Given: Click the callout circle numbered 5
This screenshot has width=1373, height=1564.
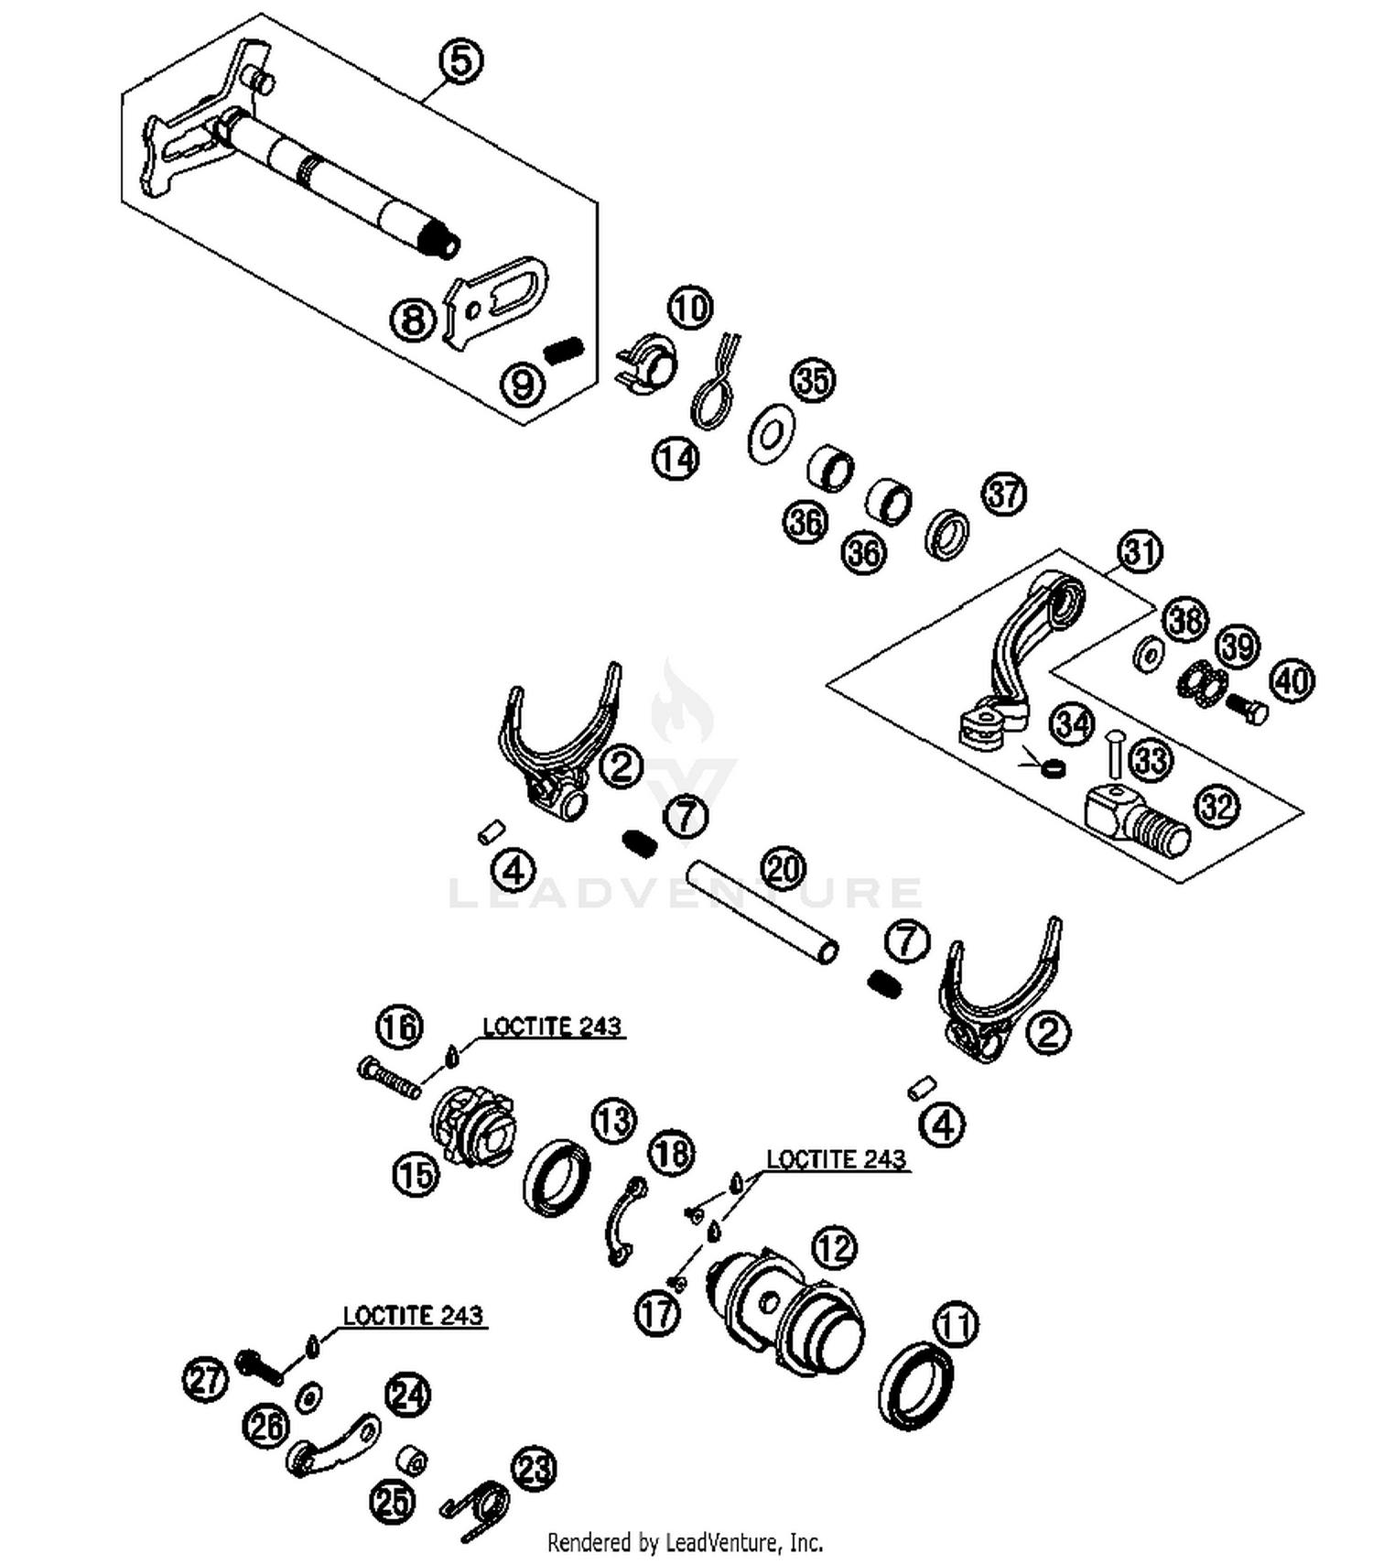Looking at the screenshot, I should [461, 61].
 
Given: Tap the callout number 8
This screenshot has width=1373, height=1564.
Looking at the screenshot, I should [413, 320].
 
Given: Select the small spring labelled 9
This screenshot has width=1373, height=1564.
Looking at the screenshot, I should [564, 350].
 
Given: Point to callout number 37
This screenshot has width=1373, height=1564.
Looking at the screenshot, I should [1004, 494].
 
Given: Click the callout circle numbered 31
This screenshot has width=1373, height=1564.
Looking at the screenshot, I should [1140, 552].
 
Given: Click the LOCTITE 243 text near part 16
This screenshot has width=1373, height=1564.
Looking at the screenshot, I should [552, 1026].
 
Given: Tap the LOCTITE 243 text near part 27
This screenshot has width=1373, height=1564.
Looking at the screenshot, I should [412, 1315].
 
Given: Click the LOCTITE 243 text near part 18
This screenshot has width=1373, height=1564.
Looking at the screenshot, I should [836, 1159].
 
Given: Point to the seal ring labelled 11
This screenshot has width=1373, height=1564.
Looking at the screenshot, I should [915, 1386].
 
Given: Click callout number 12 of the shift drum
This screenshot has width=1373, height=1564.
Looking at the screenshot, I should [834, 1247].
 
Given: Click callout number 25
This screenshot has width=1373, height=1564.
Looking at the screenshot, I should [392, 1502].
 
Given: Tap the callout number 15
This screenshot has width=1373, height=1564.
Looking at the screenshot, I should [416, 1174].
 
